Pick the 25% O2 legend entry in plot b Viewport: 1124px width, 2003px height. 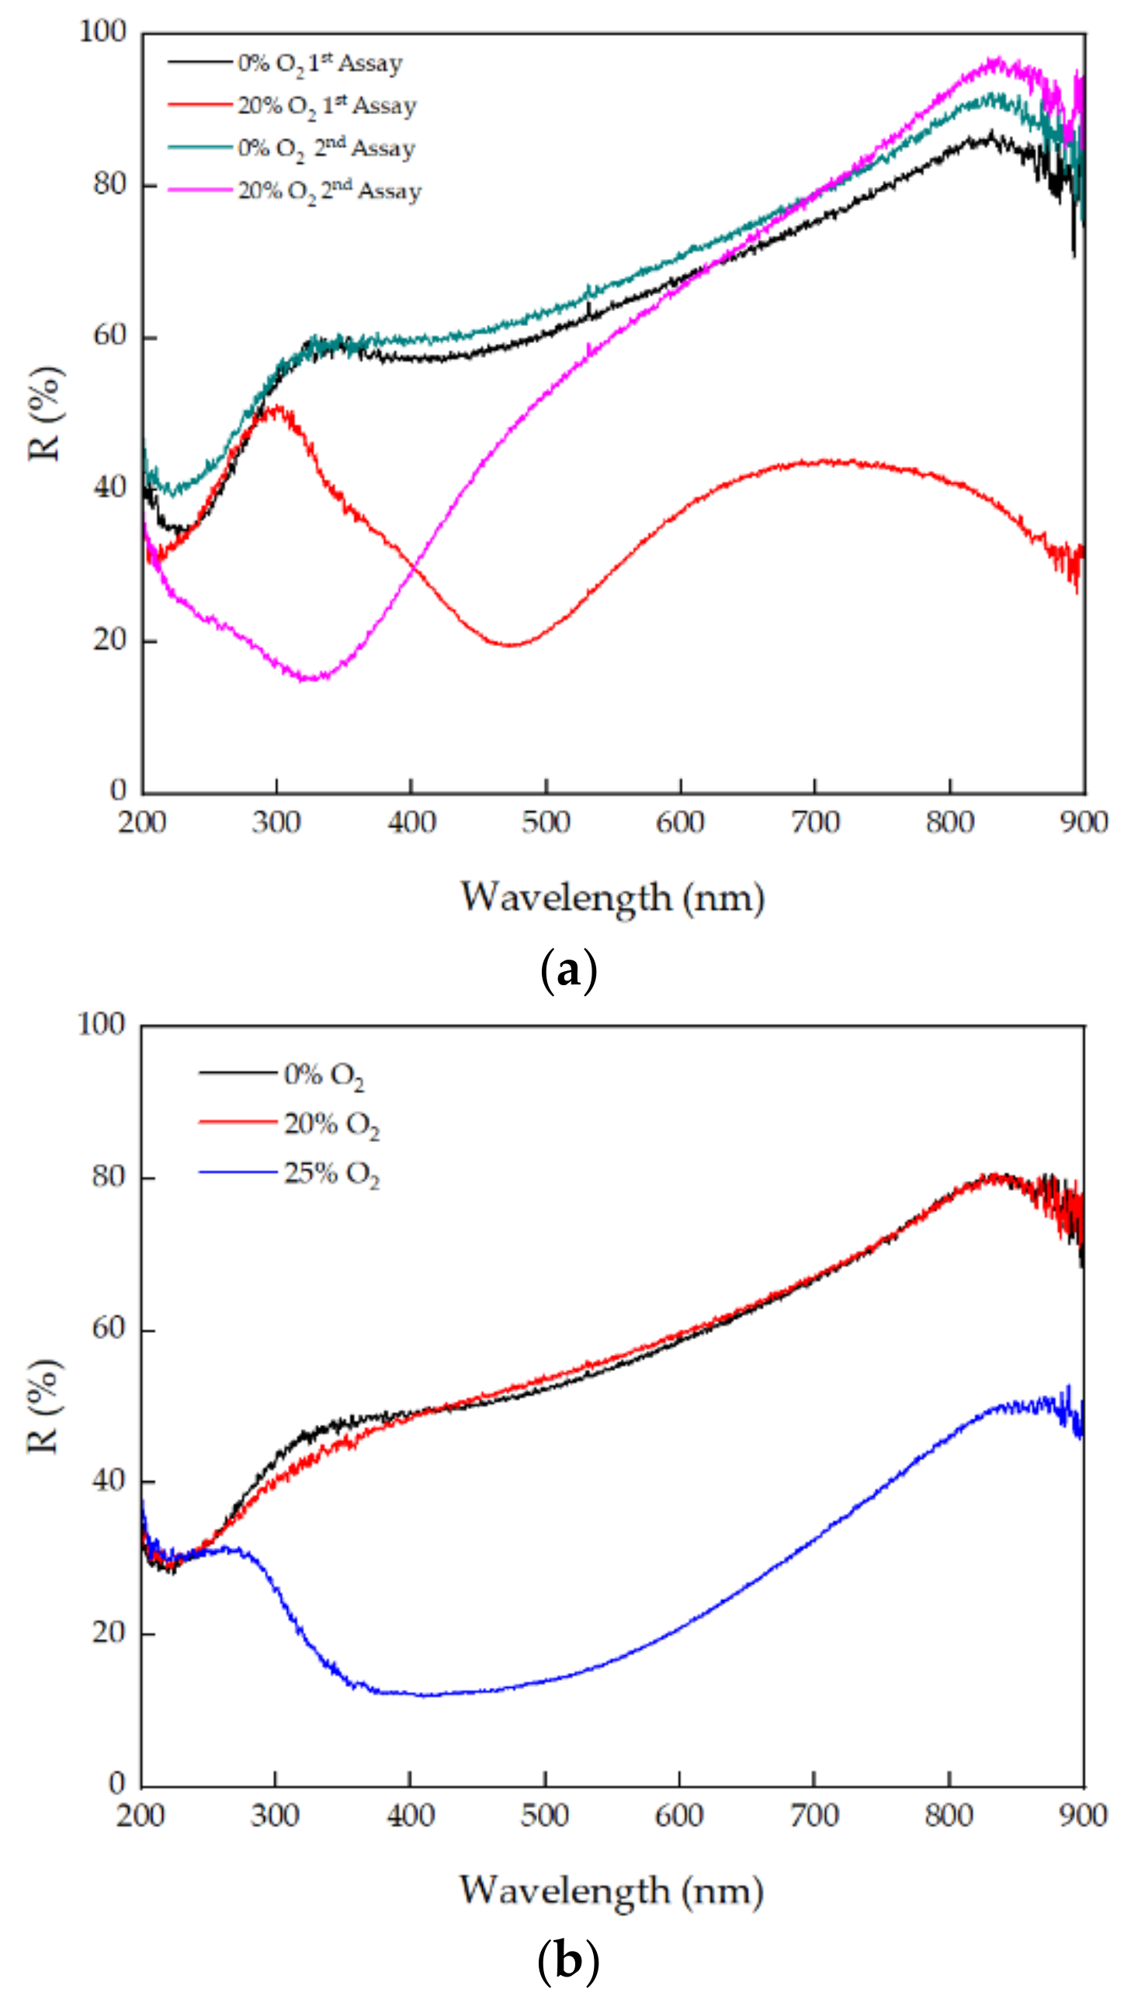[331, 1172]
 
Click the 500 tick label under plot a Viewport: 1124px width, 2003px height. [546, 822]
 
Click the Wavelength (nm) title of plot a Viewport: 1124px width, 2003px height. [612, 897]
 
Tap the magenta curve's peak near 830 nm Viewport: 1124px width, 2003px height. [994, 61]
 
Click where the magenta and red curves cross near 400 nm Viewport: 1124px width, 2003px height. [415, 565]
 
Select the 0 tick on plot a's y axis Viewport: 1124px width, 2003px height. [117, 790]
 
